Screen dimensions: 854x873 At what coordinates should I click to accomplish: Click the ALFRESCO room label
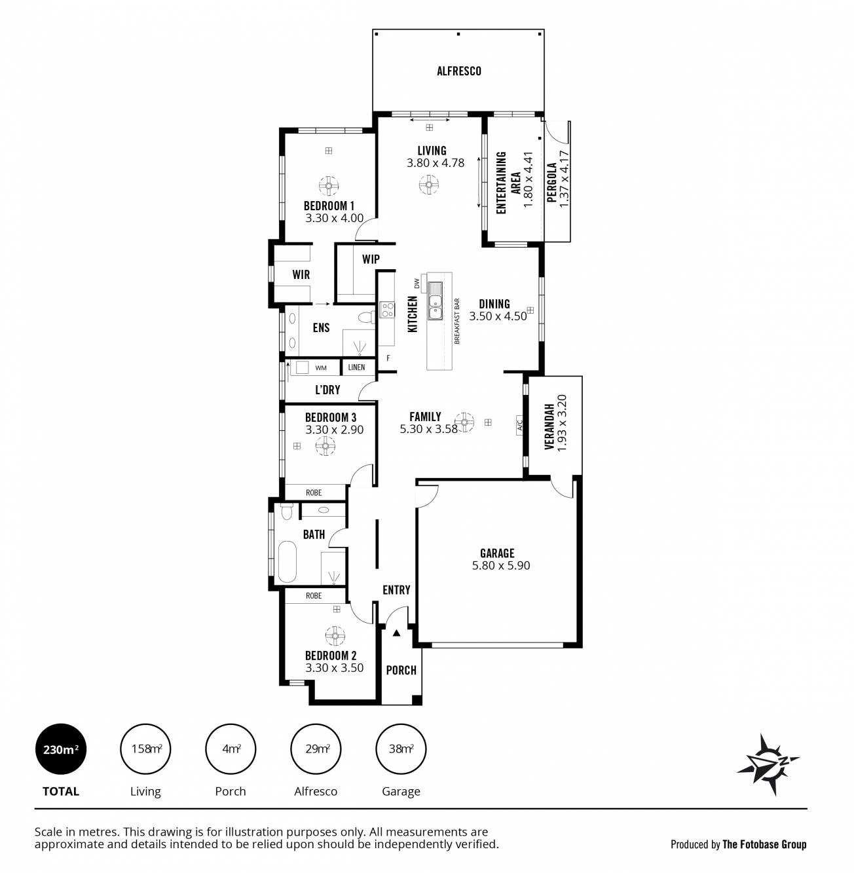coord(459,71)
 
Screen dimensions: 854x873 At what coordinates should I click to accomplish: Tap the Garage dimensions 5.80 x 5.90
coord(501,565)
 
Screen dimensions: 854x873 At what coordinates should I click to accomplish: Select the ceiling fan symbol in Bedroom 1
coord(329,185)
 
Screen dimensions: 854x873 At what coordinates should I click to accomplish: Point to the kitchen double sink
coord(435,301)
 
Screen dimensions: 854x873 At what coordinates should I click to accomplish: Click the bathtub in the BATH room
coord(287,562)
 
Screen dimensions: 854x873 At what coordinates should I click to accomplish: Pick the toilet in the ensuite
coord(367,317)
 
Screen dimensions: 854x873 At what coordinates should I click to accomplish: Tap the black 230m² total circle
coord(61,749)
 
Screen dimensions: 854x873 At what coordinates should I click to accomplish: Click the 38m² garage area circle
coord(401,749)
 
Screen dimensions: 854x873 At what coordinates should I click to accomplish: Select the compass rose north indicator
coord(768,764)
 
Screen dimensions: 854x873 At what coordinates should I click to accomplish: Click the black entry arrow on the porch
coord(396,633)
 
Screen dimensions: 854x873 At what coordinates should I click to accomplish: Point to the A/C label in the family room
coord(520,424)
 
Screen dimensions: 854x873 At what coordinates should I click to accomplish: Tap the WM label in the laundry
coord(321,368)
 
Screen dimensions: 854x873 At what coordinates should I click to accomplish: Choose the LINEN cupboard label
coord(356,367)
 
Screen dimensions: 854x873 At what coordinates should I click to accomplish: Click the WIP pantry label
coord(371,259)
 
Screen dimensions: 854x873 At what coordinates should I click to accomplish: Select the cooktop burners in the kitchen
coord(387,310)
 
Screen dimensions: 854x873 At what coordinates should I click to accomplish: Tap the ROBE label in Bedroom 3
coord(314,492)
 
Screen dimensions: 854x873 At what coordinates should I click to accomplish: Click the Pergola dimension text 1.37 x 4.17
coord(565,179)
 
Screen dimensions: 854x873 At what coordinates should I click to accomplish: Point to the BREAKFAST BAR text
coord(457,321)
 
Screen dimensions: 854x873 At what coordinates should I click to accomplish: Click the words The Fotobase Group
coord(764,845)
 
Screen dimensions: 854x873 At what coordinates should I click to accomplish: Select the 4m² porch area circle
coord(231,749)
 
